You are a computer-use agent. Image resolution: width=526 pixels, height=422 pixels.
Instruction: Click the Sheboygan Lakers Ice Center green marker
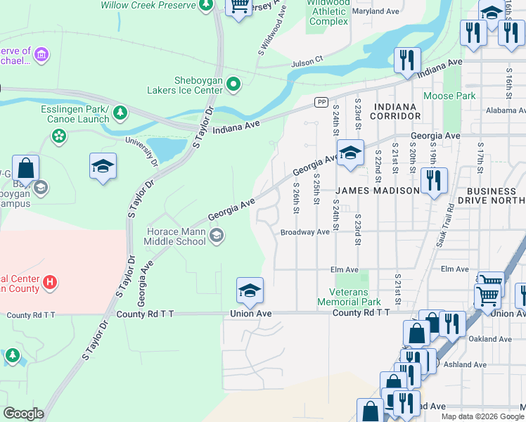point(233,85)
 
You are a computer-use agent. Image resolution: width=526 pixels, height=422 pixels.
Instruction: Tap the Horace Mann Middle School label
point(175,236)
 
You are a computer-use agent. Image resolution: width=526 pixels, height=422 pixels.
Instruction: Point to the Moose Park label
point(449,96)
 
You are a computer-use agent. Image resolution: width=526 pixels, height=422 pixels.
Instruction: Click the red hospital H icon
point(49,283)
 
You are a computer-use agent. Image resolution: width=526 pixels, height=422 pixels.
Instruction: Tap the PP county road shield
point(321,102)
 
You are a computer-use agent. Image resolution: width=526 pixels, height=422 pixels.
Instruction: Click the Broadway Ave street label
point(304,232)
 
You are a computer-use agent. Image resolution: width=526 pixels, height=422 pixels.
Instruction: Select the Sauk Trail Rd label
point(448,229)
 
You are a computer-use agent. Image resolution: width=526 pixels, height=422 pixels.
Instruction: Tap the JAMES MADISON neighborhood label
point(376,191)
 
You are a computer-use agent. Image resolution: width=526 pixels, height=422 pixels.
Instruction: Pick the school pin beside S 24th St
point(349,153)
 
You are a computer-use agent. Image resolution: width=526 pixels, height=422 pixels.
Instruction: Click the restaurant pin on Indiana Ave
point(406,60)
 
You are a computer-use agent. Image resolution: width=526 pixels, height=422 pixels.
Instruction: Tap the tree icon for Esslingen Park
point(120,112)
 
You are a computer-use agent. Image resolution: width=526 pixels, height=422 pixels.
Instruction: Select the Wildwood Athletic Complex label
point(328,13)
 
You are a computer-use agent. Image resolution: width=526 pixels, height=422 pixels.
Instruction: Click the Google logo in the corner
point(23,414)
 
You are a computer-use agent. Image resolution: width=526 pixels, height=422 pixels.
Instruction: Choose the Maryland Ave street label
point(376,12)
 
